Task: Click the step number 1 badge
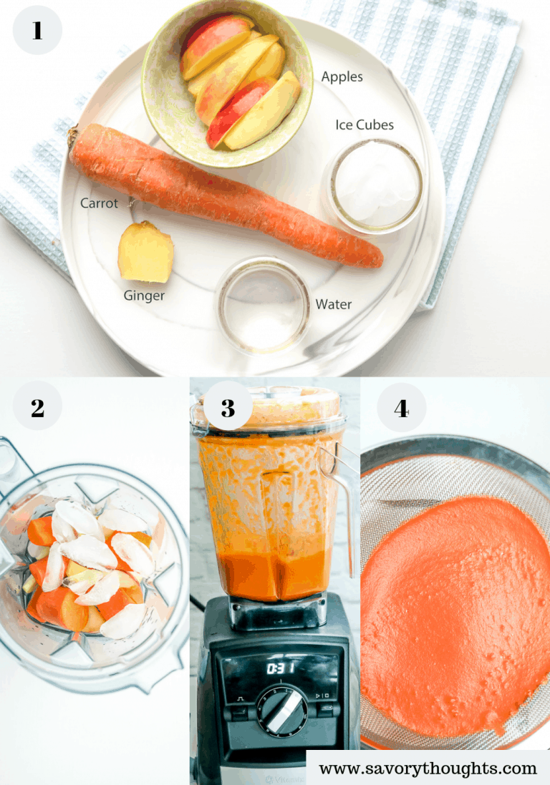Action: tap(37, 30)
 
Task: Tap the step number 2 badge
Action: tap(37, 408)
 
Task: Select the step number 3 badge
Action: tap(228, 408)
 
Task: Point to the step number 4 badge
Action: tap(401, 408)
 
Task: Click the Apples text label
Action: tap(342, 77)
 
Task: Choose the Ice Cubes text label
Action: tap(365, 125)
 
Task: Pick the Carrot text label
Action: tap(99, 203)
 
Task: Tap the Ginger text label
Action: tap(144, 296)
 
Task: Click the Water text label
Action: tap(334, 304)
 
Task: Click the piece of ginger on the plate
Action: tap(145, 253)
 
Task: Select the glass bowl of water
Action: tap(264, 304)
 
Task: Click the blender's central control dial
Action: tap(282, 709)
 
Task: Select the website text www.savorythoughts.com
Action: tap(428, 769)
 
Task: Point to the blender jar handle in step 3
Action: tap(343, 501)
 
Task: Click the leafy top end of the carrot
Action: tap(73, 135)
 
